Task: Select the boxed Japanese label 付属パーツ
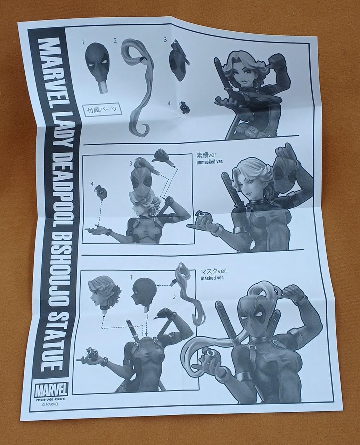click(x=102, y=109)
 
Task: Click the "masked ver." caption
click(x=212, y=278)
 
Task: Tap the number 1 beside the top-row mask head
click(x=83, y=42)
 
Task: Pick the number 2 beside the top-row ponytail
click(x=115, y=41)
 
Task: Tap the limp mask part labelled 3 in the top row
click(x=179, y=60)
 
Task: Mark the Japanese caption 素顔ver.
click(x=207, y=155)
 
